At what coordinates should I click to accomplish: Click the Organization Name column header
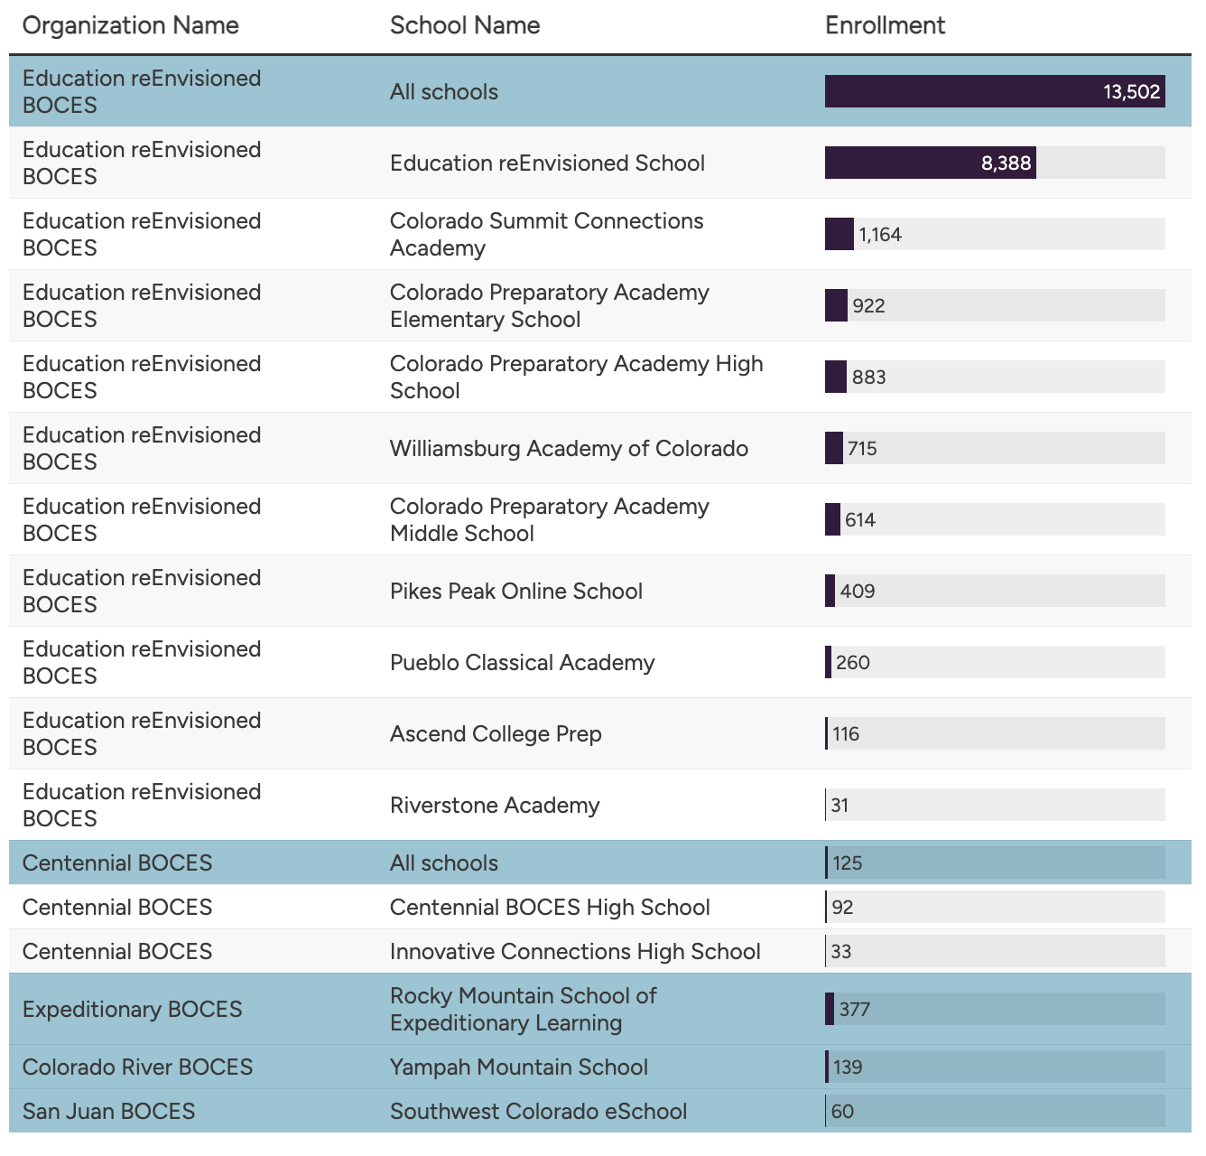point(130,25)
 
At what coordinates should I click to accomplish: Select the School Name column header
point(464,25)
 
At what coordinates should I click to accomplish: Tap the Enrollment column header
point(885,25)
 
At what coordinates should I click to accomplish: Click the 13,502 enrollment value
point(1131,91)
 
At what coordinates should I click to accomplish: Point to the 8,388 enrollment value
point(1006,163)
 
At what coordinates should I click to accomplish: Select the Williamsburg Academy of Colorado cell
point(569,448)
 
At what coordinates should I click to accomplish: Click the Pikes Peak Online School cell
point(515,591)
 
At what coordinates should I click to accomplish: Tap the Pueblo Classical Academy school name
point(522,662)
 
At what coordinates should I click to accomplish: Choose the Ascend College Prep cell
point(496,733)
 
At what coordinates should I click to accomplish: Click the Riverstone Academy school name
point(495,805)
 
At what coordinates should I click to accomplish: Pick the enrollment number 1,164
point(879,234)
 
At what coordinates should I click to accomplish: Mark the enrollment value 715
point(862,448)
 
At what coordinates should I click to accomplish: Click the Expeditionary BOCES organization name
point(132,1009)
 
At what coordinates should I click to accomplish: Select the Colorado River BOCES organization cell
point(137,1067)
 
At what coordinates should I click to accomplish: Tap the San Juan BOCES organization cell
point(108,1111)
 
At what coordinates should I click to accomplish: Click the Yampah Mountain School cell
point(519,1067)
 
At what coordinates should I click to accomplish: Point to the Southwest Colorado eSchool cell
point(538,1111)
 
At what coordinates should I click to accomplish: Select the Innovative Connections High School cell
point(575,951)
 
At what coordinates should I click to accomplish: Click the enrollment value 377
point(854,1009)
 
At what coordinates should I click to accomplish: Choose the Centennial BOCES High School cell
point(550,907)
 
